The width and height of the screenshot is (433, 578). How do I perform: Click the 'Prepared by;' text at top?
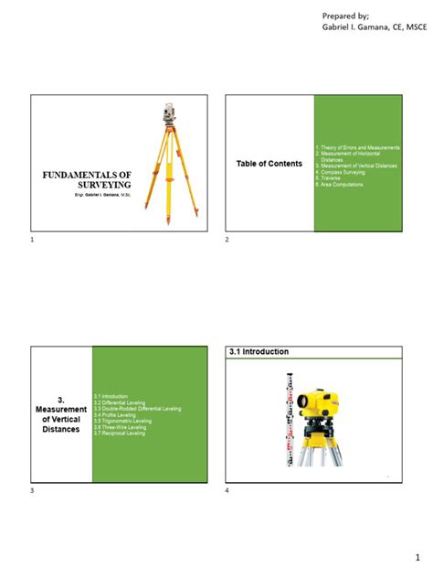(350, 16)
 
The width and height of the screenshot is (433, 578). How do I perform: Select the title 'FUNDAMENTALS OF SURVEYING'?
(89, 178)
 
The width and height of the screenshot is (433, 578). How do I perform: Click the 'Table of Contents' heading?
(269, 164)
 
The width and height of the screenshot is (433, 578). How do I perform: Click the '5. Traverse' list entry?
(330, 177)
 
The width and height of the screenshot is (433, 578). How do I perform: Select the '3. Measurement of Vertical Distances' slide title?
(61, 414)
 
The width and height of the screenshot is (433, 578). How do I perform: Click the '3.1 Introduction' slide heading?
(259, 352)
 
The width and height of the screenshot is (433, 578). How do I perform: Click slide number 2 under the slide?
(227, 240)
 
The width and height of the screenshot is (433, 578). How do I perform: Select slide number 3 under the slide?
(32, 492)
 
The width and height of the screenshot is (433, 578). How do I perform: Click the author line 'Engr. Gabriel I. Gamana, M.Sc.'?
(88, 197)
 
